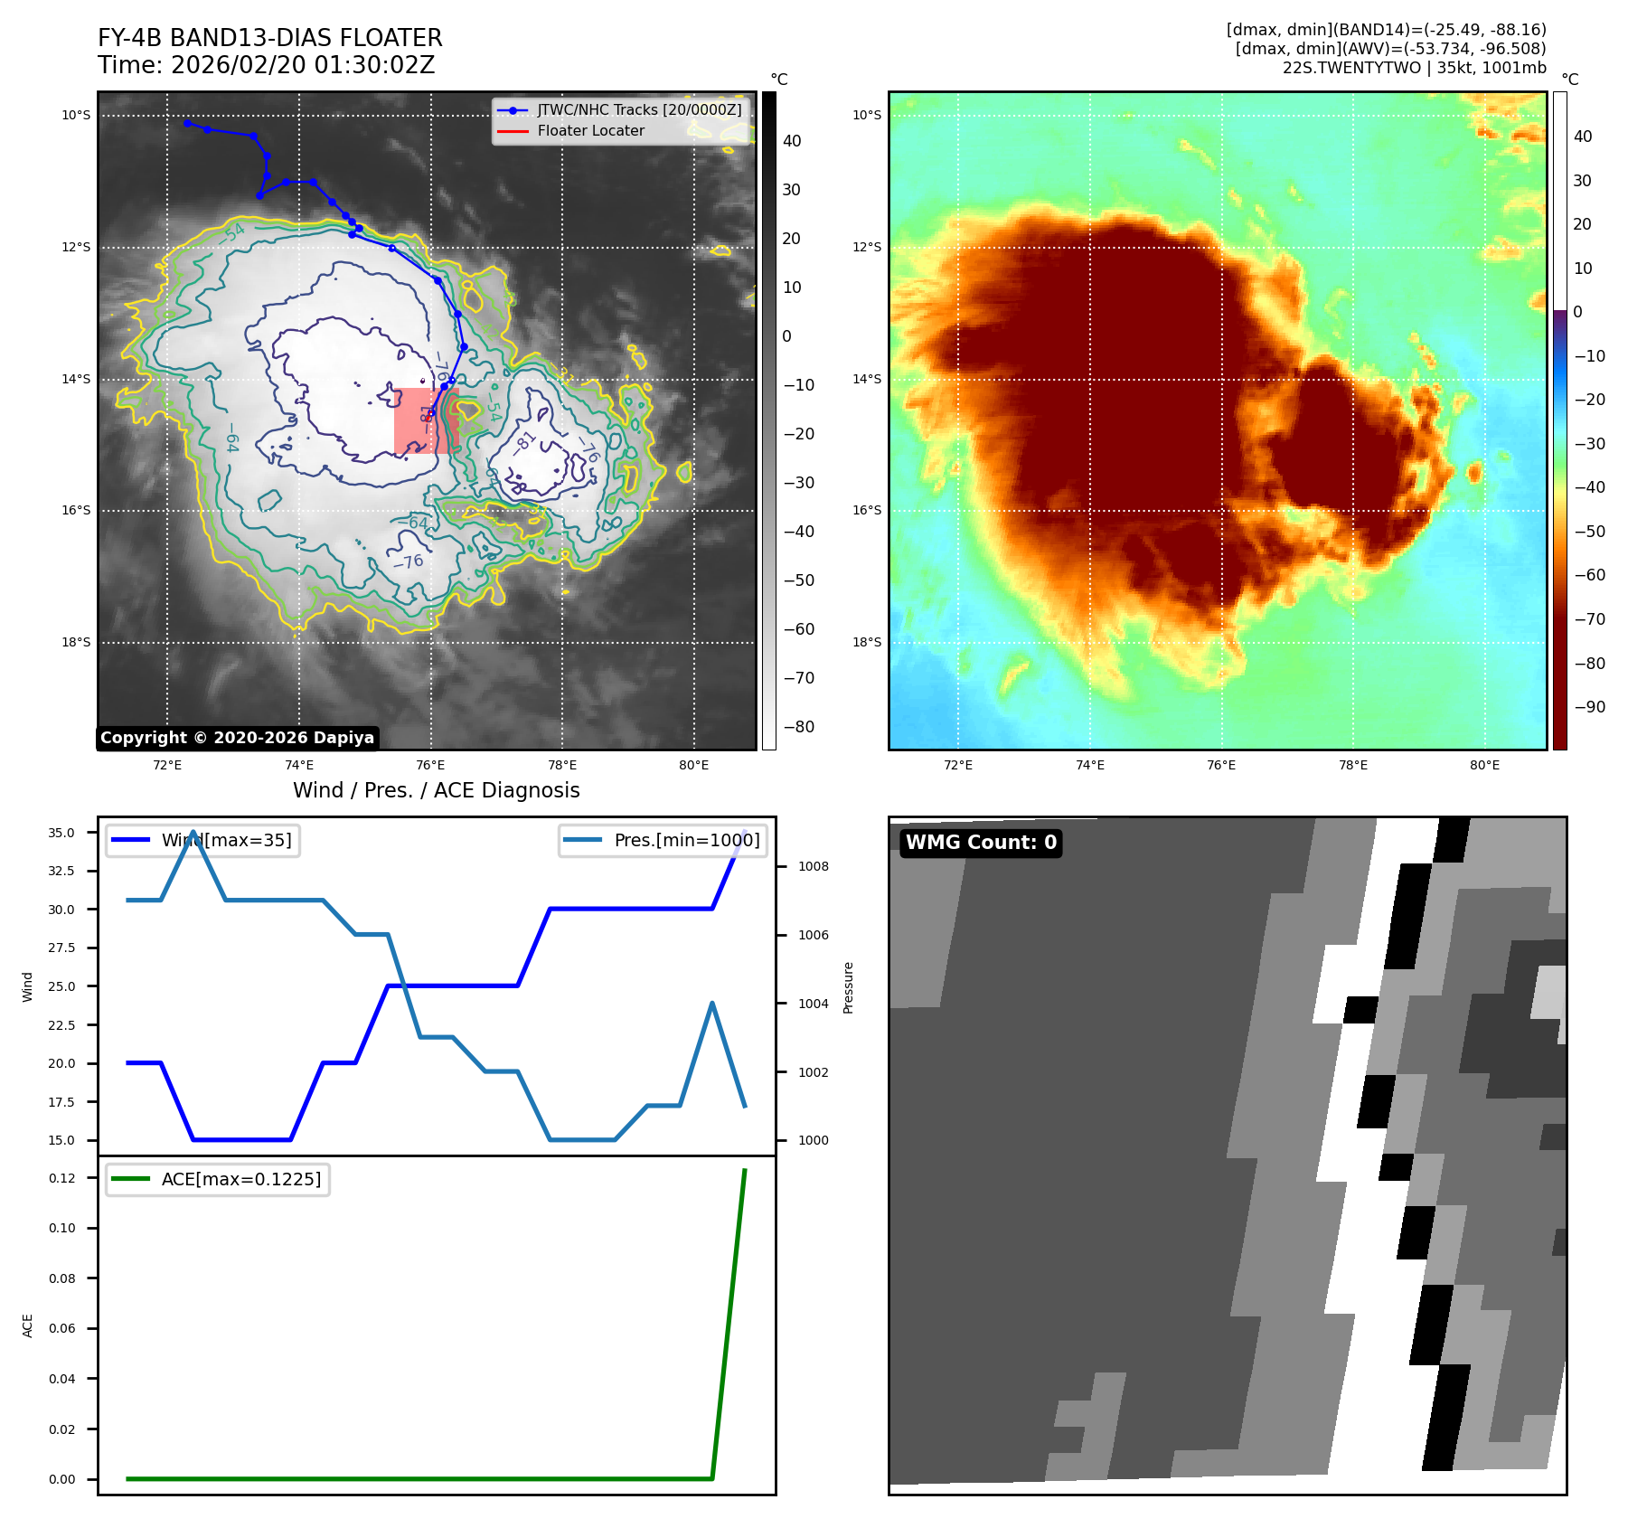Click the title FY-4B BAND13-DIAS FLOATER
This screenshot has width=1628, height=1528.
click(269, 38)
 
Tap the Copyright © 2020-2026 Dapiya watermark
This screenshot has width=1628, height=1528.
click(237, 738)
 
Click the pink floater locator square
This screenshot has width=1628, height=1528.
click(426, 420)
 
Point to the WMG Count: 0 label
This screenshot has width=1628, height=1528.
click(981, 843)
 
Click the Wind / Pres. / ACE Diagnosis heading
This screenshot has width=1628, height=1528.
click(436, 790)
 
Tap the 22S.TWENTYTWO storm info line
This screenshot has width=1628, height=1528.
click(1414, 68)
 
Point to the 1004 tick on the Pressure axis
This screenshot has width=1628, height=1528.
click(813, 1004)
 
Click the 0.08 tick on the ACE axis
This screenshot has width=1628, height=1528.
click(62, 1278)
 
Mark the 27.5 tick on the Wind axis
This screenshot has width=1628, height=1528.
click(61, 948)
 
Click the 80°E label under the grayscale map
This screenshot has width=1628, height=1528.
click(693, 765)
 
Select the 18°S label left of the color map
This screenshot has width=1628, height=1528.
click(866, 643)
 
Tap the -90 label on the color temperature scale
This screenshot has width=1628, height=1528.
click(1588, 707)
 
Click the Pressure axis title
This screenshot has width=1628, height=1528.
click(848, 987)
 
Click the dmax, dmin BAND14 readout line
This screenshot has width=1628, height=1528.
click(1386, 30)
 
